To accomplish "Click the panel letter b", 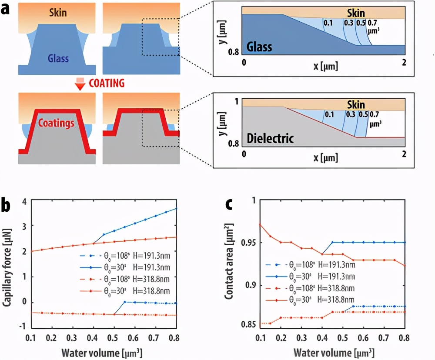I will [x=7, y=205].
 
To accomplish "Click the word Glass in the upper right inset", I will [x=260, y=46].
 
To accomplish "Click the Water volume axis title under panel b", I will [x=102, y=351].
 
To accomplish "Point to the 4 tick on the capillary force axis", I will [x=24, y=201].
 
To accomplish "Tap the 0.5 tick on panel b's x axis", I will [x=113, y=338].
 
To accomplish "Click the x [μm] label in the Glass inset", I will [x=324, y=66].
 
